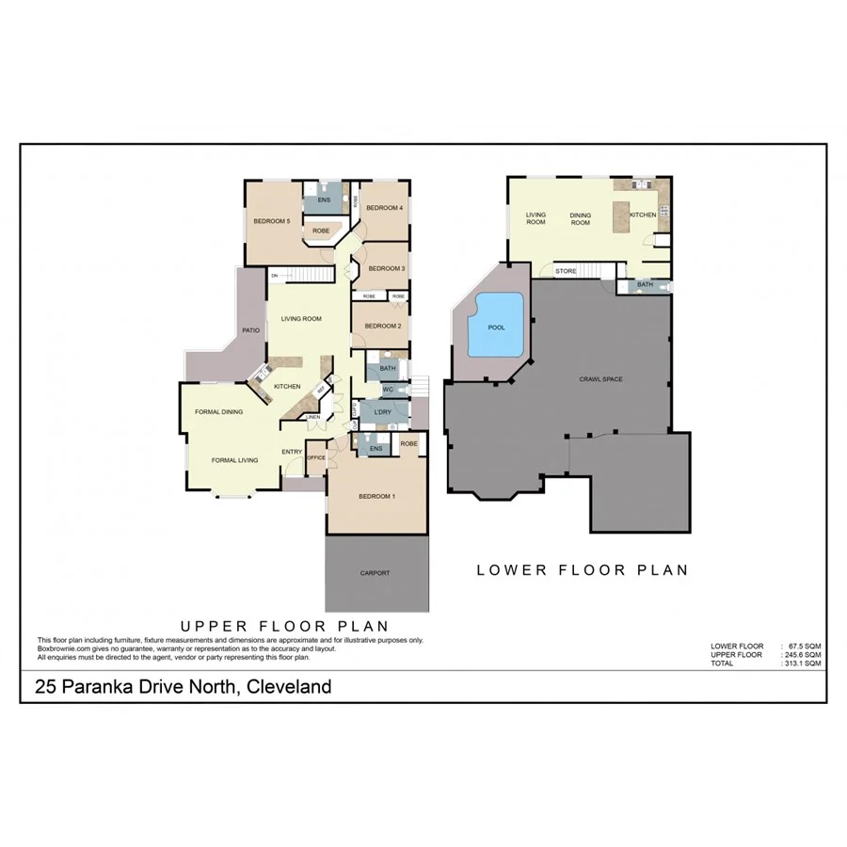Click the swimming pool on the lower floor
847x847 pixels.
(x=497, y=326)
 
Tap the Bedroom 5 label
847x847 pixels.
(x=271, y=221)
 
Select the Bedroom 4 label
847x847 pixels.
(x=384, y=208)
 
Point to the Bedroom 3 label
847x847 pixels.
(x=386, y=269)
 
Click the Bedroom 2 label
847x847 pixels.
(x=383, y=326)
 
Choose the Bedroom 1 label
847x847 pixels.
(x=376, y=496)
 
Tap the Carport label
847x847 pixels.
(x=375, y=573)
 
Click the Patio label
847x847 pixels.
(x=250, y=330)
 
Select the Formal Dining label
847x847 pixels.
(x=218, y=412)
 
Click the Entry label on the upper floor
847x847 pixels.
(x=292, y=452)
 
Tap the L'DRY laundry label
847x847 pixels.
(x=382, y=413)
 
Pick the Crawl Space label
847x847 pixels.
(x=600, y=379)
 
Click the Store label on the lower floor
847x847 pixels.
(x=566, y=271)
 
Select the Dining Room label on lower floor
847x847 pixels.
(x=581, y=219)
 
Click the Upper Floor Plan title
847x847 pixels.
(x=284, y=625)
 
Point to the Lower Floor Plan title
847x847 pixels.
(x=583, y=569)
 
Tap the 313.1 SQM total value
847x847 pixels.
(x=801, y=663)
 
